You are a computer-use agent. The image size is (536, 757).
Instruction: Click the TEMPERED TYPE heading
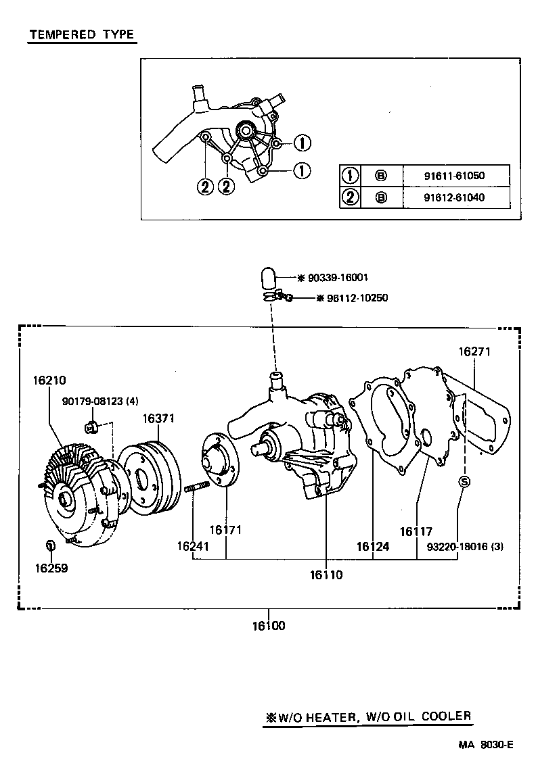[x=81, y=35]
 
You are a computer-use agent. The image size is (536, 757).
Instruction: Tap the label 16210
[x=49, y=381]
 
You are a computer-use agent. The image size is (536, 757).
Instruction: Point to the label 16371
[x=158, y=418]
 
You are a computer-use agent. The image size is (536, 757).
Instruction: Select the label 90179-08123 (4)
[x=99, y=401]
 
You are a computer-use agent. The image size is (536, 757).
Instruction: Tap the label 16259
[x=51, y=568]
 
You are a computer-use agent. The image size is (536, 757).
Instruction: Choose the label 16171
[x=225, y=531]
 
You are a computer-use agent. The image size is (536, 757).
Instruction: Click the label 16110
[x=326, y=575]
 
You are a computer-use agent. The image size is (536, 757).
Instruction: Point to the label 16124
[x=374, y=545]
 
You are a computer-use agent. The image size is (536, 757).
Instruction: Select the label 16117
[x=416, y=532]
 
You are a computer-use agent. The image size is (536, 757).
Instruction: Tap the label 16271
[x=474, y=351]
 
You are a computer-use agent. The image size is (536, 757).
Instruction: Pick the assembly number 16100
[x=269, y=626]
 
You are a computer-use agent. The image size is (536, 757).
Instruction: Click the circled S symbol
[x=464, y=481]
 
